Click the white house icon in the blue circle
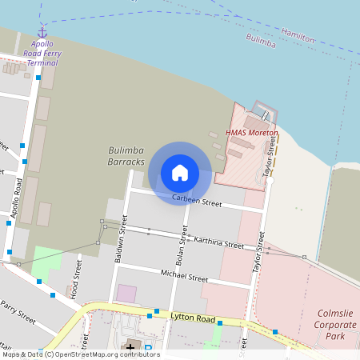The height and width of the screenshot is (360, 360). coord(180,172)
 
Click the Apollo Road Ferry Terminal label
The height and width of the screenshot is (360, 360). coord(43,52)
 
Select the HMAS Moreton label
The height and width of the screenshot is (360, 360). coord(251,132)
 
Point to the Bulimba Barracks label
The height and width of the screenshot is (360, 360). coord(126,156)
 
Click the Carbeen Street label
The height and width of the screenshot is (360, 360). coord(197,202)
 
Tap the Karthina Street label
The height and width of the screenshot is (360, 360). coord(218,242)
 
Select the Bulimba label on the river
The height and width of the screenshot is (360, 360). coord(261,40)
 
